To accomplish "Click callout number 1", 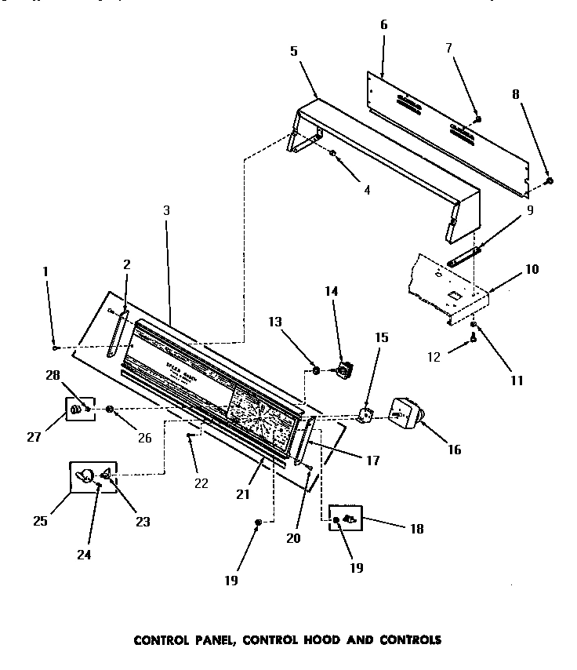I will coord(45,271).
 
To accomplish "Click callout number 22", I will coord(201,483).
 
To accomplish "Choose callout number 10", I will coord(532,269).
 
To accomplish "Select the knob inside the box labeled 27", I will coord(78,410).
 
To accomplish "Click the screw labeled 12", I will coord(474,338).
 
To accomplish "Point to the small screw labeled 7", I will coord(478,119).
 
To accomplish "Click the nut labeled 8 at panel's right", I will coord(549,181).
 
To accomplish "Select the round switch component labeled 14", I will coord(343,368).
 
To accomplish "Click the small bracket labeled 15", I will coord(365,414).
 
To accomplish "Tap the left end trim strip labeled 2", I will coord(118,333).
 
